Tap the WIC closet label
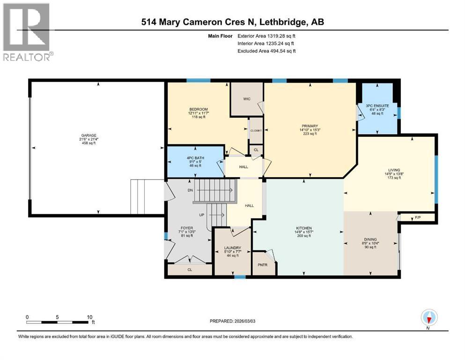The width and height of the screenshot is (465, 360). (246, 99)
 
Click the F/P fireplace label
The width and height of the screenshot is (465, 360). (418, 217)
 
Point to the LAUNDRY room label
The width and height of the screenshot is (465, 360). (232, 248)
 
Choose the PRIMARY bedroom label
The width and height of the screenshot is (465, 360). (310, 126)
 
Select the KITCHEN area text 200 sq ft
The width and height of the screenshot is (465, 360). (304, 236)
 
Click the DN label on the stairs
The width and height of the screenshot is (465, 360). (190, 190)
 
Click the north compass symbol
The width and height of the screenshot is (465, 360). (429, 318)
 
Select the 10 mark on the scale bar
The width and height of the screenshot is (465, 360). (89, 317)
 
